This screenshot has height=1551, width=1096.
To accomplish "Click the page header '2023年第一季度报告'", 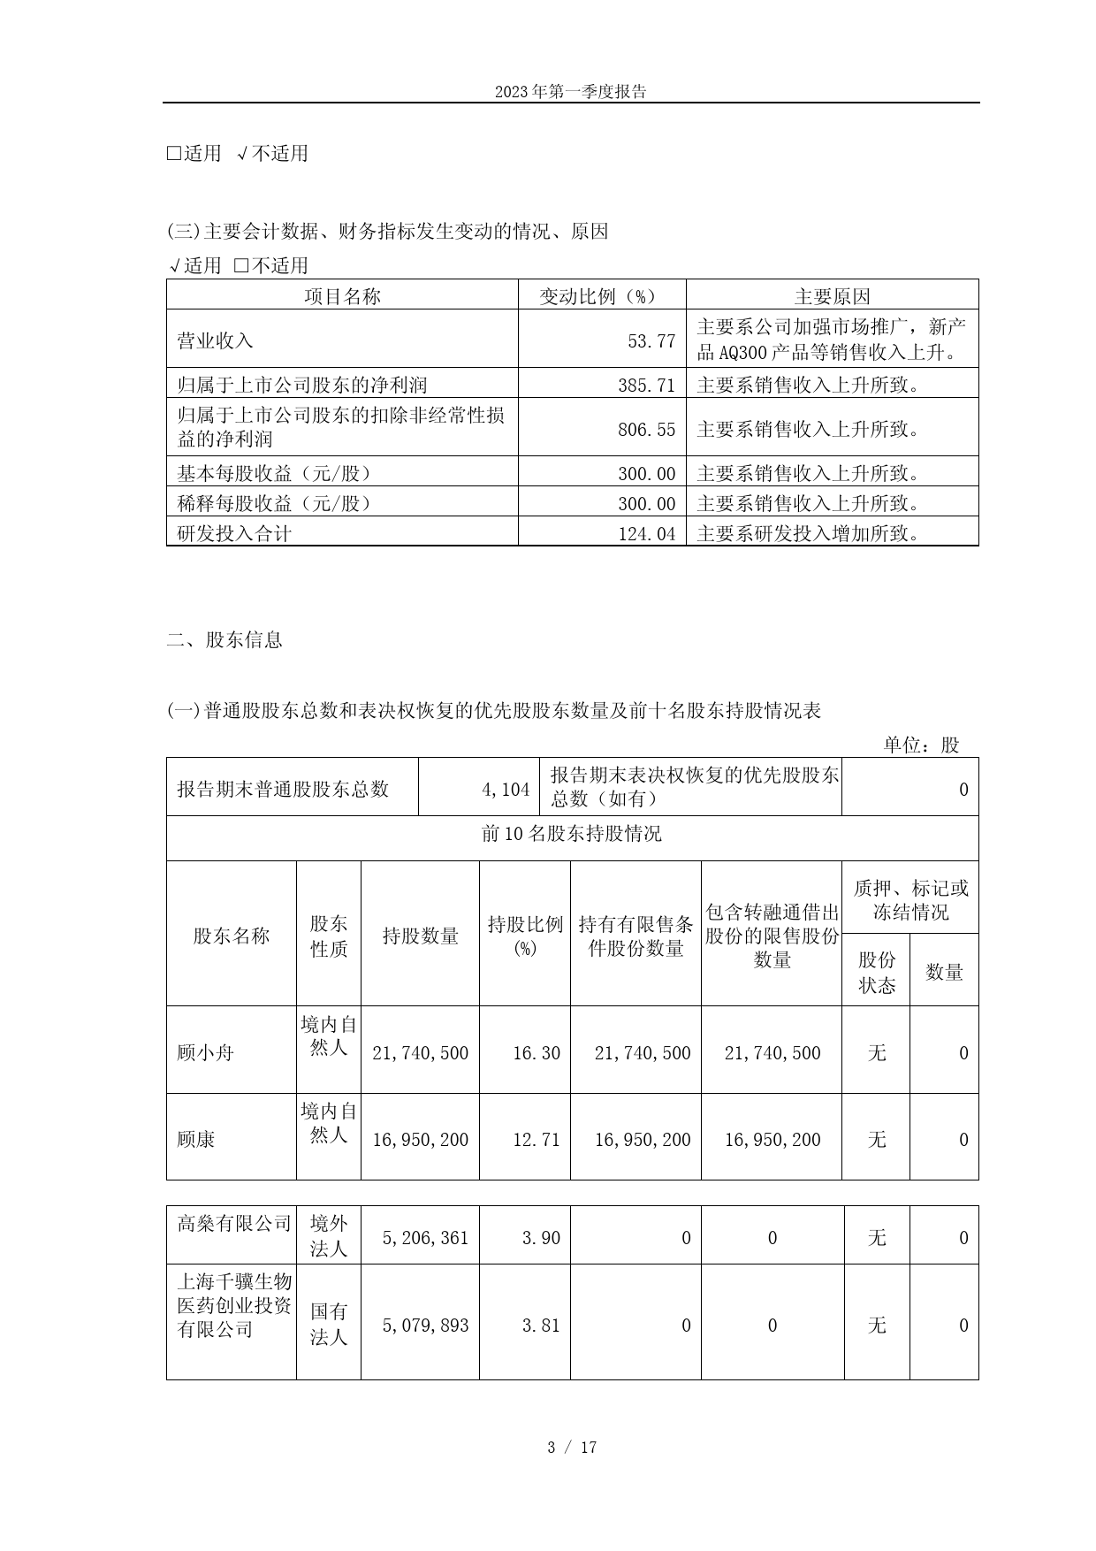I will click(x=570, y=91).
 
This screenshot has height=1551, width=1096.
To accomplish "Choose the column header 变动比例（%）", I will click(x=601, y=296).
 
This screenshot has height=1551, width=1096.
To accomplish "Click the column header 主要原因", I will click(x=832, y=296).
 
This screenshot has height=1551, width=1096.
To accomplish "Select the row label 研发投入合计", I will click(x=234, y=533).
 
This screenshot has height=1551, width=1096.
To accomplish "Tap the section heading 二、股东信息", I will click(x=225, y=639).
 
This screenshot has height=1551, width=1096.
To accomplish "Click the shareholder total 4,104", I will click(x=506, y=789).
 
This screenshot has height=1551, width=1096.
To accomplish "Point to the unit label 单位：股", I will click(x=920, y=745).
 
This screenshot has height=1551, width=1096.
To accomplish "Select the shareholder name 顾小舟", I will click(x=205, y=1052).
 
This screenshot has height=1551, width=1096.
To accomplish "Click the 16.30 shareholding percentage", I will click(x=537, y=1052).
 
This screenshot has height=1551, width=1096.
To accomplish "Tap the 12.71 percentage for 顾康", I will click(x=537, y=1139).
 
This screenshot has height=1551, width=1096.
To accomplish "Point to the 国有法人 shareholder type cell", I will click(x=328, y=1324).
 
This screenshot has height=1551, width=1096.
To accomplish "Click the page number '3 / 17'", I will click(x=572, y=1447).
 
